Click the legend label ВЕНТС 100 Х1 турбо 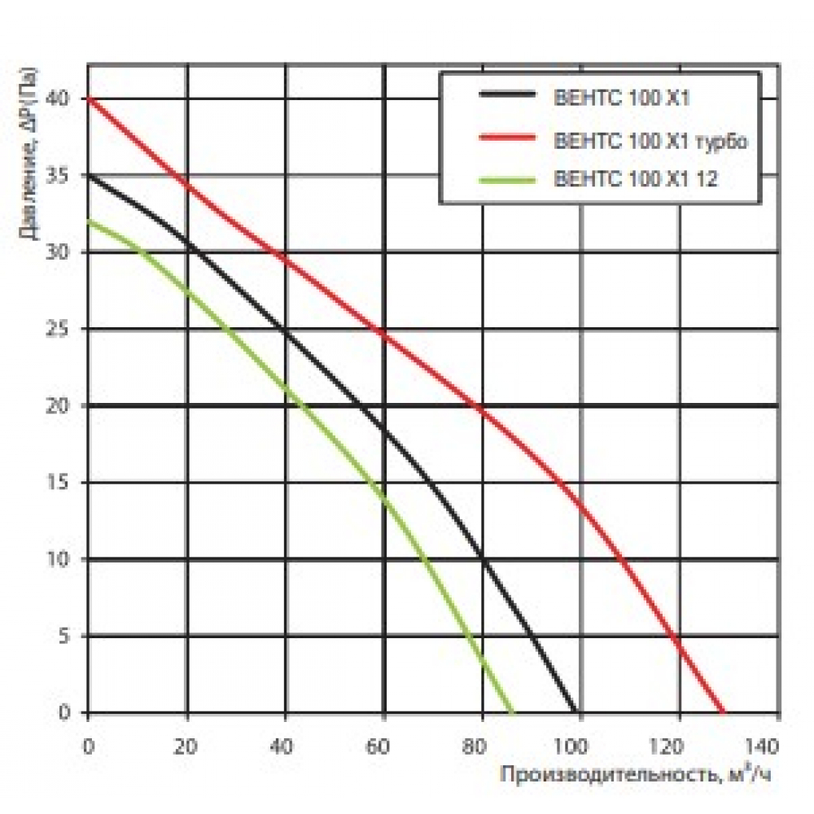click(650, 140)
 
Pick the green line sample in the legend click(508, 179)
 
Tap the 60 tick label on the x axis click(383, 744)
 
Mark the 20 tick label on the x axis click(187, 744)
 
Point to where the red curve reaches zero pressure click(723, 712)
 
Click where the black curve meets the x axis click(575, 712)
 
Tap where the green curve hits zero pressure click(513, 712)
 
